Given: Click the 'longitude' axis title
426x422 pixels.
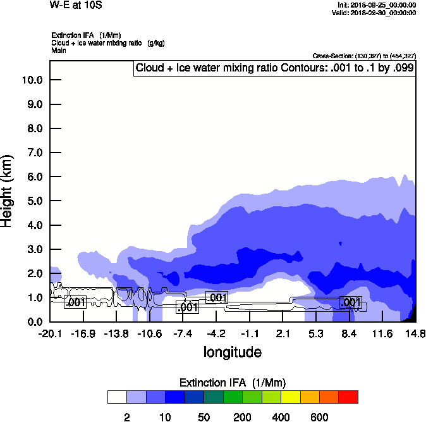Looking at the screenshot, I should [x=232, y=352].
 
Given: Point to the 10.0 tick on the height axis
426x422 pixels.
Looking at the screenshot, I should [x=32, y=80].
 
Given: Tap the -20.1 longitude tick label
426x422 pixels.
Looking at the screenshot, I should [x=50, y=333].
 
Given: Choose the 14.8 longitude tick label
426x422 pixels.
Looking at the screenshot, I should [x=415, y=333].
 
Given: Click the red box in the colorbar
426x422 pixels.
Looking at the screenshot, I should [x=348, y=397].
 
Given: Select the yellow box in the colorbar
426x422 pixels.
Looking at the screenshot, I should [x=290, y=397].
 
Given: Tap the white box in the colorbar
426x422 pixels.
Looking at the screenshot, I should [x=117, y=397].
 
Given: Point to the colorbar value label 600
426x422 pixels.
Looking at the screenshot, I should [x=319, y=417].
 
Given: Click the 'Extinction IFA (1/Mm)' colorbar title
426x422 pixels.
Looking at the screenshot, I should [x=233, y=383].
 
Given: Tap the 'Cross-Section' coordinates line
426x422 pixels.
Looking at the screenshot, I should [x=364, y=56].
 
